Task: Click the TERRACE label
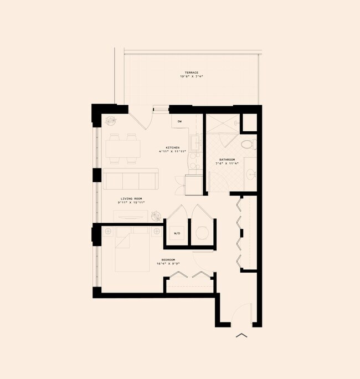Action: click(192, 73)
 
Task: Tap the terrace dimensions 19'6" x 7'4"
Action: click(192, 77)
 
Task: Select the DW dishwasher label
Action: click(180, 121)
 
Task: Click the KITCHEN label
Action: click(172, 147)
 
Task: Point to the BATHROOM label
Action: click(227, 160)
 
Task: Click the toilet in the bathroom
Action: click(248, 145)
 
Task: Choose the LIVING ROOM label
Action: click(130, 198)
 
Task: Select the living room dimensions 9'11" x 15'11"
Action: click(130, 203)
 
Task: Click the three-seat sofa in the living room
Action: click(130, 179)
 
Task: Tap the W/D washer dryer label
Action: click(177, 234)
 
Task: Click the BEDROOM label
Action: click(168, 260)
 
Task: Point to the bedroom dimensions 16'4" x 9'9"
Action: click(168, 264)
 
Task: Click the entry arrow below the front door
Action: click(241, 335)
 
